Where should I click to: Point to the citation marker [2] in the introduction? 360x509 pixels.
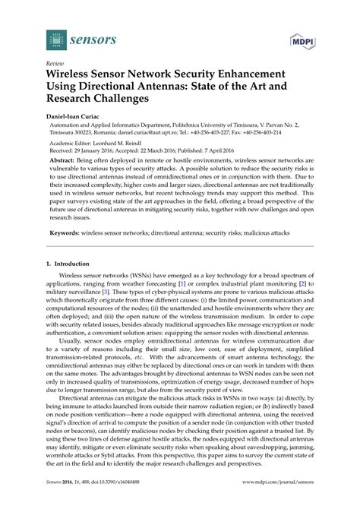tap(302, 281)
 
